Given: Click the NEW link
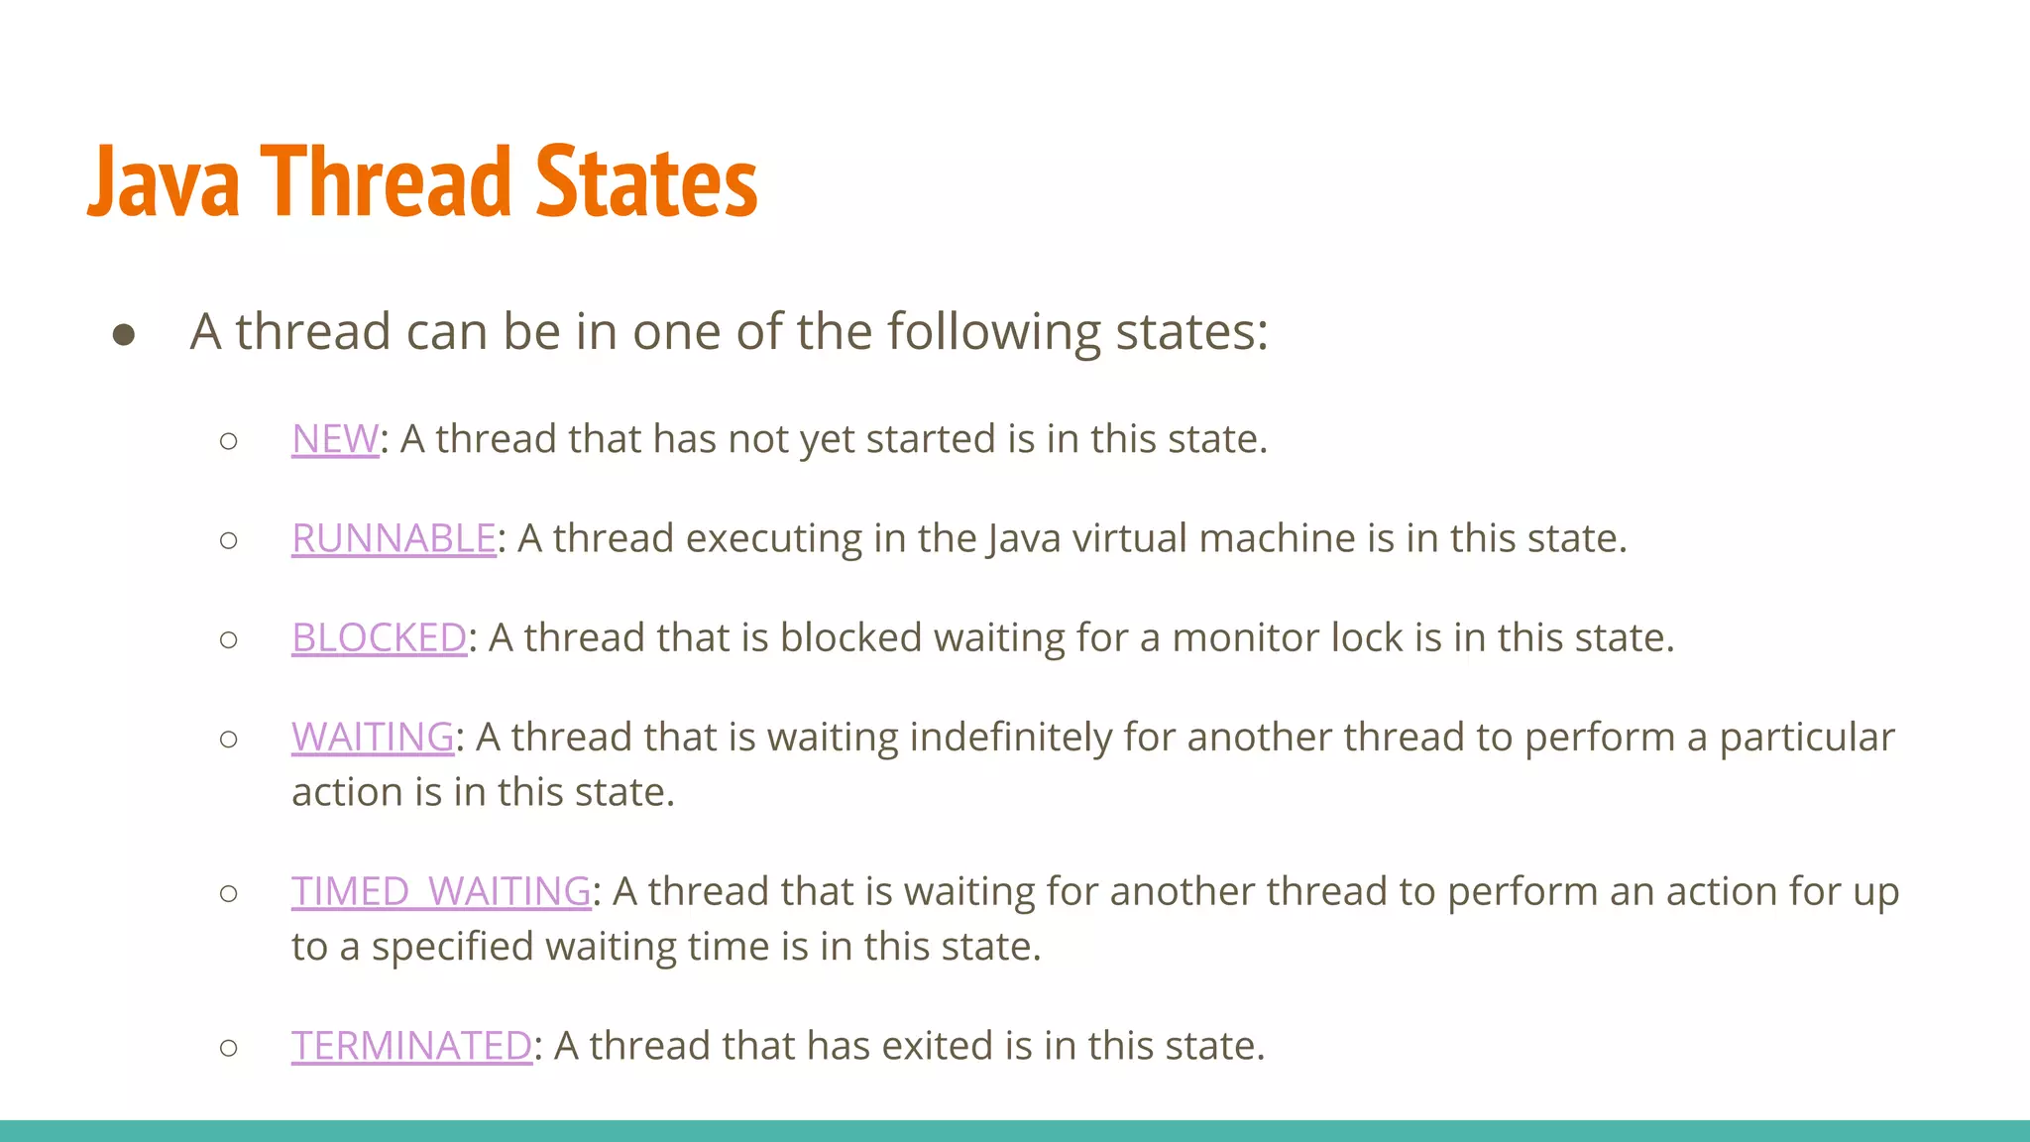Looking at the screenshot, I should tap(335, 439).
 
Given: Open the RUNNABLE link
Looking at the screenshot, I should tap(394, 538).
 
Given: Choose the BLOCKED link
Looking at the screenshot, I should tap(379, 637).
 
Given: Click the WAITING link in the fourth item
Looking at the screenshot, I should tap(373, 737).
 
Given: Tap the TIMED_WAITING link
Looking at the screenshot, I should tap(441, 891).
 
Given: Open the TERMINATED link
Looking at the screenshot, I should tap(411, 1046).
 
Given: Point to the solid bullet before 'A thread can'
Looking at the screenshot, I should tap(124, 334).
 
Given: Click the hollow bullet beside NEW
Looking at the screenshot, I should tap(229, 441).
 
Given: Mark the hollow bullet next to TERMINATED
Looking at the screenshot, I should tap(229, 1048).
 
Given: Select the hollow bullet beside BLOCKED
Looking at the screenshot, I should tap(229, 639).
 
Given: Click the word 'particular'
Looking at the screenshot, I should tap(1806, 737).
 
